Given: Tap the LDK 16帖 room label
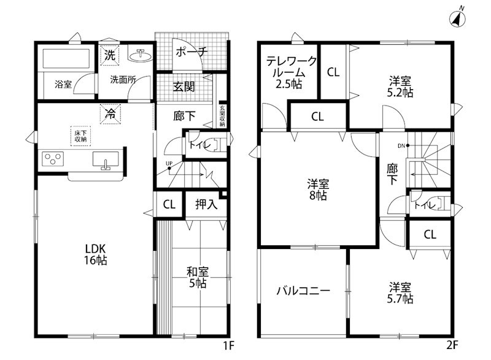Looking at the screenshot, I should tap(96, 255).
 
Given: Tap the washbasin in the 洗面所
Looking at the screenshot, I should tap(140, 55).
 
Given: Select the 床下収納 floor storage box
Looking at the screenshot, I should tap(80, 136).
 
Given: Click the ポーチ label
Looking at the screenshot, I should tap(192, 53).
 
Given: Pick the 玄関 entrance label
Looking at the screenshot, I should tap(184, 87).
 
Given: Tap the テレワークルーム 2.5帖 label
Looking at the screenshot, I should tap(292, 73).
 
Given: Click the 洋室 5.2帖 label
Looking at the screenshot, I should tap(400, 86).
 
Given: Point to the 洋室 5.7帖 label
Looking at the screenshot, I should tap(400, 293).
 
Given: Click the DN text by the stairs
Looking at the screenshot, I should tap(401, 145).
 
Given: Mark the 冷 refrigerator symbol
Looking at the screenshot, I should tap(110, 113).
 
